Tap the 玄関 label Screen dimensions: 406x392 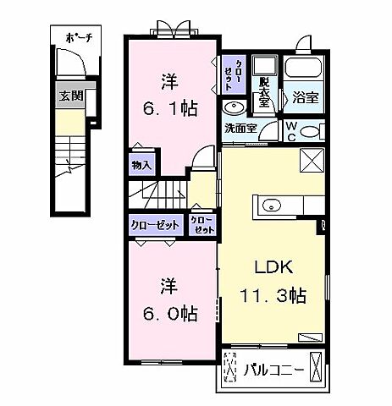[71, 96]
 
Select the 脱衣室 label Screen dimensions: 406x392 [264, 93]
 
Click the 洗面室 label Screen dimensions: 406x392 [240, 129]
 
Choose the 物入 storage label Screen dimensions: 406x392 [141, 166]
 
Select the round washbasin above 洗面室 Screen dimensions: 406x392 [233, 107]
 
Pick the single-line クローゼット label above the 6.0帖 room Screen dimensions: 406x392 [154, 225]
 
